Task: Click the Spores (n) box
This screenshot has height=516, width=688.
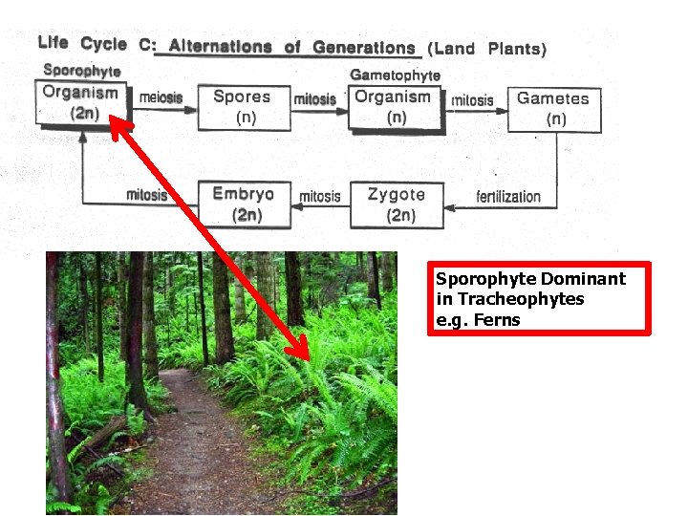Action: click(243, 106)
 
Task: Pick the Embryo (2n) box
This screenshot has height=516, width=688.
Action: click(244, 204)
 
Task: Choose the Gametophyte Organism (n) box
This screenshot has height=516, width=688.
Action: click(394, 105)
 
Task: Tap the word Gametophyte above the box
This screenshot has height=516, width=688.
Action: click(396, 75)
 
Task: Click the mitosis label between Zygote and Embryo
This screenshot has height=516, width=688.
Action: click(319, 197)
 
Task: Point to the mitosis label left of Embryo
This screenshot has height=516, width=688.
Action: click(146, 195)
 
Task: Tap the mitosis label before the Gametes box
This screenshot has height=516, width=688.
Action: click(473, 99)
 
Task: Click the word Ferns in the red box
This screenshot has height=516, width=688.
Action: click(497, 320)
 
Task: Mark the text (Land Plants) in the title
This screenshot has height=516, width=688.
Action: click(486, 48)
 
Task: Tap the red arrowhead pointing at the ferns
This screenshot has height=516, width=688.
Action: click(303, 353)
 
